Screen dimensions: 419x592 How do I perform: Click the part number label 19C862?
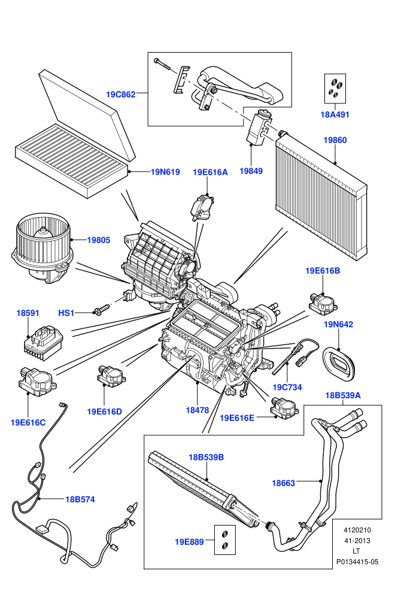pyautogui.click(x=120, y=94)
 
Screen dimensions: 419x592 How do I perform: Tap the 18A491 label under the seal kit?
pyautogui.click(x=335, y=115)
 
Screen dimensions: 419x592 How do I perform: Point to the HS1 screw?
pyautogui.click(x=101, y=310)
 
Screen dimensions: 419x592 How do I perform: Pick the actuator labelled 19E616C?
pyautogui.click(x=37, y=382)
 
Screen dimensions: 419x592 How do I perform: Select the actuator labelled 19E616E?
pyautogui.click(x=284, y=408)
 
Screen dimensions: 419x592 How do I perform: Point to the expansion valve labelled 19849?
pyautogui.click(x=259, y=127)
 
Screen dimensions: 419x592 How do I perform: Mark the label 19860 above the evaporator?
pyautogui.click(x=335, y=140)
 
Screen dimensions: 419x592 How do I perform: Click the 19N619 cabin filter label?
pyautogui.click(x=165, y=172)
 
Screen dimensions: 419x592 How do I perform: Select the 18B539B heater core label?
pyautogui.click(x=207, y=457)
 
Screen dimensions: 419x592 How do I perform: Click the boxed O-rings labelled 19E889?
pyautogui.click(x=225, y=539)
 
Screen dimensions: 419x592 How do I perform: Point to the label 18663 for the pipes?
pyautogui.click(x=283, y=483)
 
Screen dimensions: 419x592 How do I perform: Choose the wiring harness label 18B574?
pyautogui.click(x=80, y=499)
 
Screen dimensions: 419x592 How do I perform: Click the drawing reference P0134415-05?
pyautogui.click(x=357, y=562)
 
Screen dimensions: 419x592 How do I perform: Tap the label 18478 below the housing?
pyautogui.click(x=197, y=410)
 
